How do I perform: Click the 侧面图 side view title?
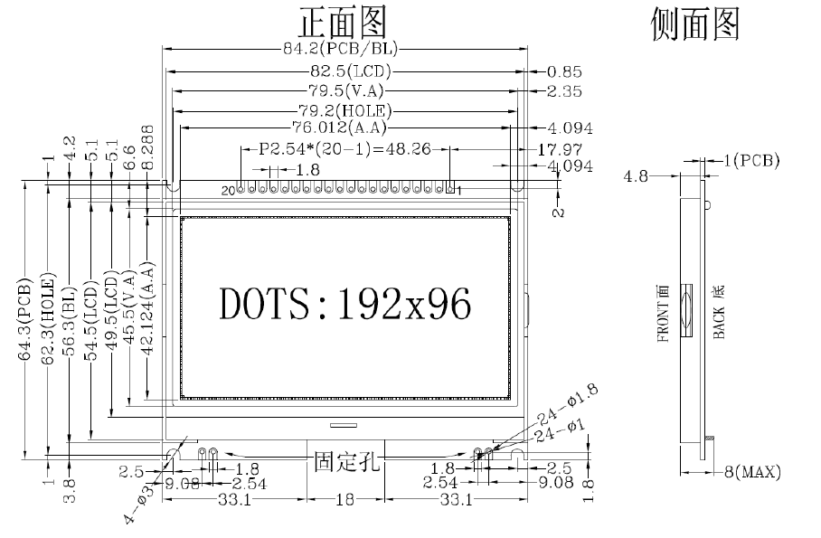694,24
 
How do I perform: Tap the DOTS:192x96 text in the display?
345,304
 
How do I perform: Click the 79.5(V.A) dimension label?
345,90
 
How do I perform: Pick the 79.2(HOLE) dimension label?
344,110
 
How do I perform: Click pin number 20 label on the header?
228,191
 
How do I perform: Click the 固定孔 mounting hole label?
346,461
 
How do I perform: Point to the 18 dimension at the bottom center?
346,500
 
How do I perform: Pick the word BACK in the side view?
720,322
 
